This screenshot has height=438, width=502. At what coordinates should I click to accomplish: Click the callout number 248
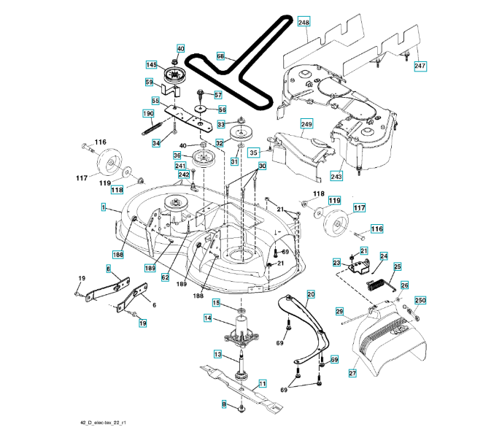tap(304, 22)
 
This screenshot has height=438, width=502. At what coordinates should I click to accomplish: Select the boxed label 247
tap(420, 66)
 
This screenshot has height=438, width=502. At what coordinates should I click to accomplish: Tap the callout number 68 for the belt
tap(220, 56)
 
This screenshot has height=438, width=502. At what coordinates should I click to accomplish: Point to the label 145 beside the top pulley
tap(152, 65)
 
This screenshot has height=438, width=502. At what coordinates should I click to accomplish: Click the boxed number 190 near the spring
tap(148, 113)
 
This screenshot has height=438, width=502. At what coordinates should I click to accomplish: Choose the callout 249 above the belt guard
tap(306, 123)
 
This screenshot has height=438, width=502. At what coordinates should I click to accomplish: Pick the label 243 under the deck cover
tap(336, 176)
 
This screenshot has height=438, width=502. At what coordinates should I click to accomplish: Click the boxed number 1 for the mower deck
tap(103, 207)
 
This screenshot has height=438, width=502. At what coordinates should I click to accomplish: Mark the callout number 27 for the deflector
tap(352, 373)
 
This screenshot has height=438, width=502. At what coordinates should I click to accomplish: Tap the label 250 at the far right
tap(420, 300)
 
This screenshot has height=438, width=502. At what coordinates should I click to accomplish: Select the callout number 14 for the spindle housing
tap(208, 318)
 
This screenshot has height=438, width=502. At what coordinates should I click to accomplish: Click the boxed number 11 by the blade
tap(262, 383)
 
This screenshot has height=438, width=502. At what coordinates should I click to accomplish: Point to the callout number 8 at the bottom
tap(224, 404)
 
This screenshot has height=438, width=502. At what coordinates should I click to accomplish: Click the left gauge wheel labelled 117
tap(107, 162)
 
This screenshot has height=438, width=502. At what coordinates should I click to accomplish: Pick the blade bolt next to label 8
tap(242, 408)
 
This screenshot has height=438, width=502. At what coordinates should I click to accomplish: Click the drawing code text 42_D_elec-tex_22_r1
tap(103, 423)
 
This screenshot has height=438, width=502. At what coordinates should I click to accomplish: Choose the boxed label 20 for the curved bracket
tap(311, 294)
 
